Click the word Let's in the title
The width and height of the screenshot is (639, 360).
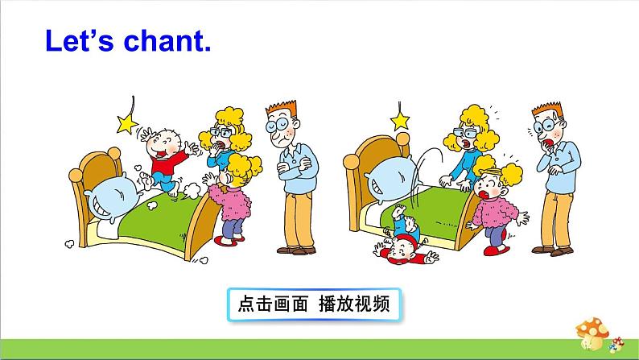coord(79,41)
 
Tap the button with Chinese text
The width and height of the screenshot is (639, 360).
coord(314,304)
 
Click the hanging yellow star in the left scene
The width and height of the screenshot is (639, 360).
coord(126,123)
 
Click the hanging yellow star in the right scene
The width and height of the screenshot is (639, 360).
coord(400,121)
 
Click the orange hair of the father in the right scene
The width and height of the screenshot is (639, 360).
coord(547,110)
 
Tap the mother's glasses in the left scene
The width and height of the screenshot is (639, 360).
coord(221,133)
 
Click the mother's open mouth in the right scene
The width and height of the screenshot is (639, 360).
coord(466,144)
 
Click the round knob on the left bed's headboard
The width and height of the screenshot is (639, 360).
coord(76,176)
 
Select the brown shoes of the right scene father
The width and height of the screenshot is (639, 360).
coord(553,250)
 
